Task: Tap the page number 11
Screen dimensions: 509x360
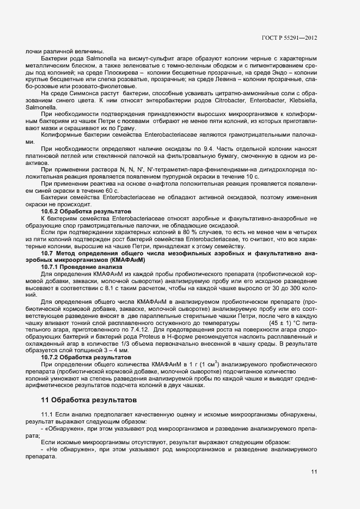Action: point(314,471)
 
